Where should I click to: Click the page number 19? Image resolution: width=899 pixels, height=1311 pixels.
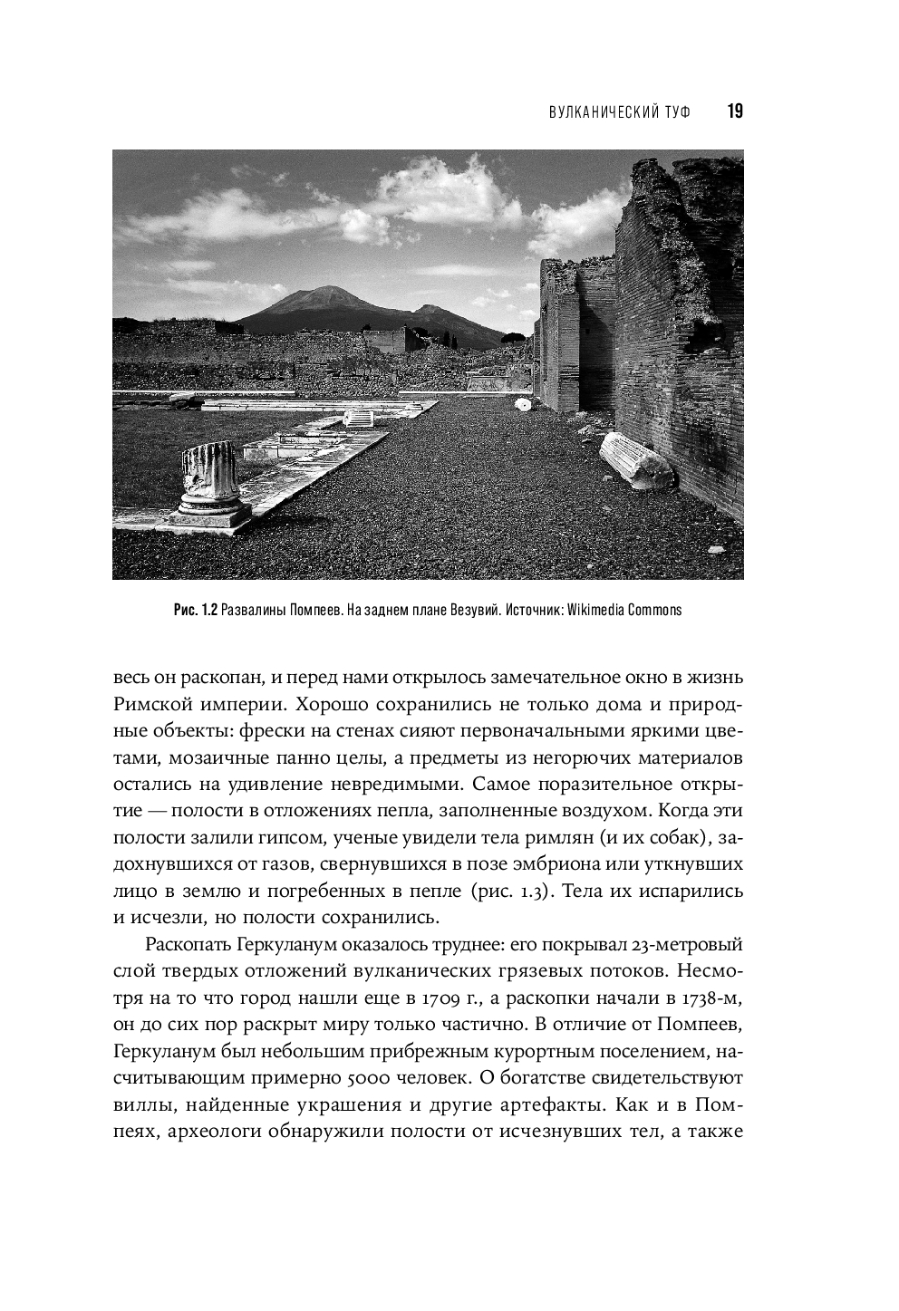(x=734, y=111)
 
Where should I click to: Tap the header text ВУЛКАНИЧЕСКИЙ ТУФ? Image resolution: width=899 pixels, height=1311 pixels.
(x=619, y=112)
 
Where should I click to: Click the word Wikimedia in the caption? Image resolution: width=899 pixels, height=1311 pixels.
(x=604, y=610)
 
